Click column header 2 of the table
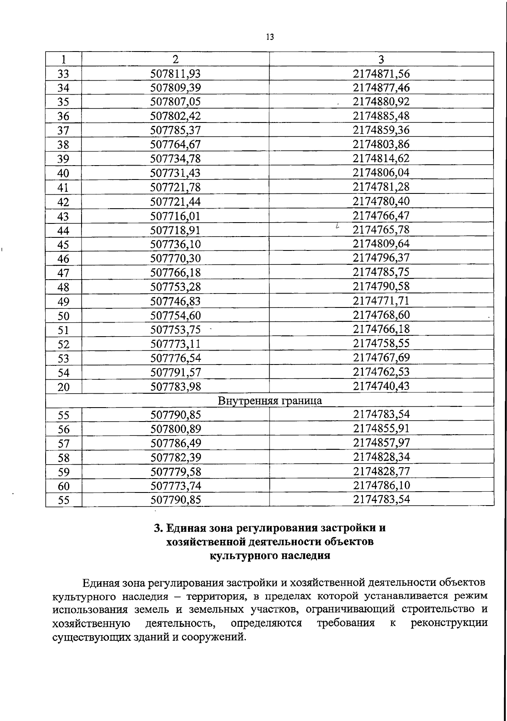pyautogui.click(x=175, y=59)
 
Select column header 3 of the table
pyautogui.click(x=381, y=59)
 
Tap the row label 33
pyautogui.click(x=63, y=74)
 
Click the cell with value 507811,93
pyautogui.click(x=175, y=74)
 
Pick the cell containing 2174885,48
pyautogui.click(x=381, y=116)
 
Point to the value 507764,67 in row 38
pyautogui.click(x=175, y=144)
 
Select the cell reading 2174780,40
pyautogui.click(x=381, y=201)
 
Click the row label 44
pyautogui.click(x=63, y=231)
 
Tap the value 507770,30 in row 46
pyautogui.click(x=175, y=258)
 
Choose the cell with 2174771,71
pyautogui.click(x=381, y=301)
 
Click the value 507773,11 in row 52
pyautogui.click(x=175, y=343)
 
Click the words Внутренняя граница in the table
pyautogui.click(x=270, y=400)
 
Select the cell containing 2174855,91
pyautogui.click(x=381, y=429)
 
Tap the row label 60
pyautogui.click(x=63, y=486)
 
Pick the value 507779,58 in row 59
pyautogui.click(x=175, y=472)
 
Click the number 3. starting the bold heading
pyautogui.click(x=158, y=528)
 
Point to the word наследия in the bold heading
pyautogui.click(x=306, y=555)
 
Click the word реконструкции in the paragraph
pyautogui.click(x=449, y=623)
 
